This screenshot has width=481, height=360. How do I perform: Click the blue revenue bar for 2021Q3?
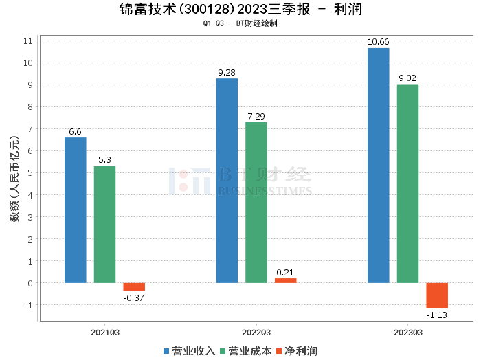76,210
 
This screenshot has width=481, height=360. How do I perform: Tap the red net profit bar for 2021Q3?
134,287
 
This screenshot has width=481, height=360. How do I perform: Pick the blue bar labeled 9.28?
227,181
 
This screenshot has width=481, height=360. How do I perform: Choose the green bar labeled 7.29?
256,203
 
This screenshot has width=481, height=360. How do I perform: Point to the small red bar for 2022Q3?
285,280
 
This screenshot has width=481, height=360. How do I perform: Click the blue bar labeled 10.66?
378,166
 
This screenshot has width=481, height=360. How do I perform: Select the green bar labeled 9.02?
407,183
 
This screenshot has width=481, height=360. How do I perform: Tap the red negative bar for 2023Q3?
437,295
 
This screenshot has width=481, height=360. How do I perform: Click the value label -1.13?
437,314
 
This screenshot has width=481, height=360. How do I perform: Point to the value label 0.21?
285,273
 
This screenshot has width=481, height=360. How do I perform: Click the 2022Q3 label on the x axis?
256,332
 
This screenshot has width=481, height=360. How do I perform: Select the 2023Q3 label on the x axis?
407,332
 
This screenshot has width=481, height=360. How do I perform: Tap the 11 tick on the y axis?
28,41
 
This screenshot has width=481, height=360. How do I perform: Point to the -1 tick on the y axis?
28,305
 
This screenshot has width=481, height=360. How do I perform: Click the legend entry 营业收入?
189,351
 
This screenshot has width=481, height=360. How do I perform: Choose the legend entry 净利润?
296,351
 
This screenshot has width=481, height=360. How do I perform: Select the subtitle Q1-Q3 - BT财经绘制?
240,24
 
